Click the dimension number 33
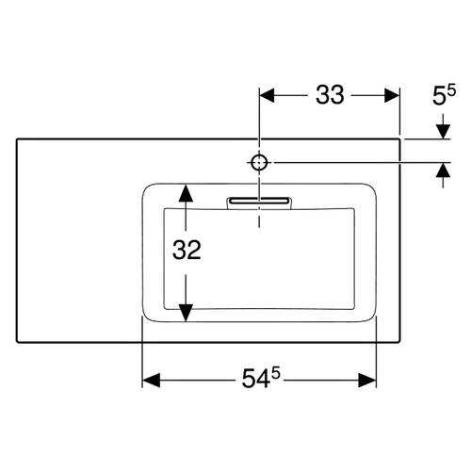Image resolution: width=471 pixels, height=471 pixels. pos(330,94)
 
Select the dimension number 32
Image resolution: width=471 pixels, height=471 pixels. pos(187,250)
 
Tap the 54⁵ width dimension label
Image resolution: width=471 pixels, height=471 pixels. pos(261,378)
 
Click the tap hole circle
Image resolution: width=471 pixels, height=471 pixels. pos(259,163)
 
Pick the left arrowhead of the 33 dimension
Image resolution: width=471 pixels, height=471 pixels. pos(267,95)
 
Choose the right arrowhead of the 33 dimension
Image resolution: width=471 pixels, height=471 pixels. pos(392,95)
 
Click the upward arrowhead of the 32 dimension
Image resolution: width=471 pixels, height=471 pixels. pos(186,193)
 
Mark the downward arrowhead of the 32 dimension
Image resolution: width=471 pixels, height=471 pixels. pos(186,313)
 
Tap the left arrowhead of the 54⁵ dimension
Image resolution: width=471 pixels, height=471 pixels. pos(152,381)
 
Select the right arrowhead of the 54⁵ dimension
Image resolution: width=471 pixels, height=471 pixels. pos(367,381)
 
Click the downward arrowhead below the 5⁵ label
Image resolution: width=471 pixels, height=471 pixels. pos(443,132)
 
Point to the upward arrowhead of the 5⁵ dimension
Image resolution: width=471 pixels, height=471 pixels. pos(443,170)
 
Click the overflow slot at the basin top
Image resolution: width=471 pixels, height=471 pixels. pos(259,201)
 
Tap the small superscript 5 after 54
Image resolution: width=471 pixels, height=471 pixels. pos(275,373)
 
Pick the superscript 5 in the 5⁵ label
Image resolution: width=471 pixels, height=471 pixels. pos(451,90)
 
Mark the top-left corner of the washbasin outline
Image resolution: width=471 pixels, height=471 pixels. pos(17,138)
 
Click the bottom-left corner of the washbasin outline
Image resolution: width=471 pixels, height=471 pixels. pos(17,342)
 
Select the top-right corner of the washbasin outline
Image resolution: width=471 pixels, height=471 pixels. pos(400,138)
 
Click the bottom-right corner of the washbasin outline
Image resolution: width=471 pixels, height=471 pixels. pos(400,342)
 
